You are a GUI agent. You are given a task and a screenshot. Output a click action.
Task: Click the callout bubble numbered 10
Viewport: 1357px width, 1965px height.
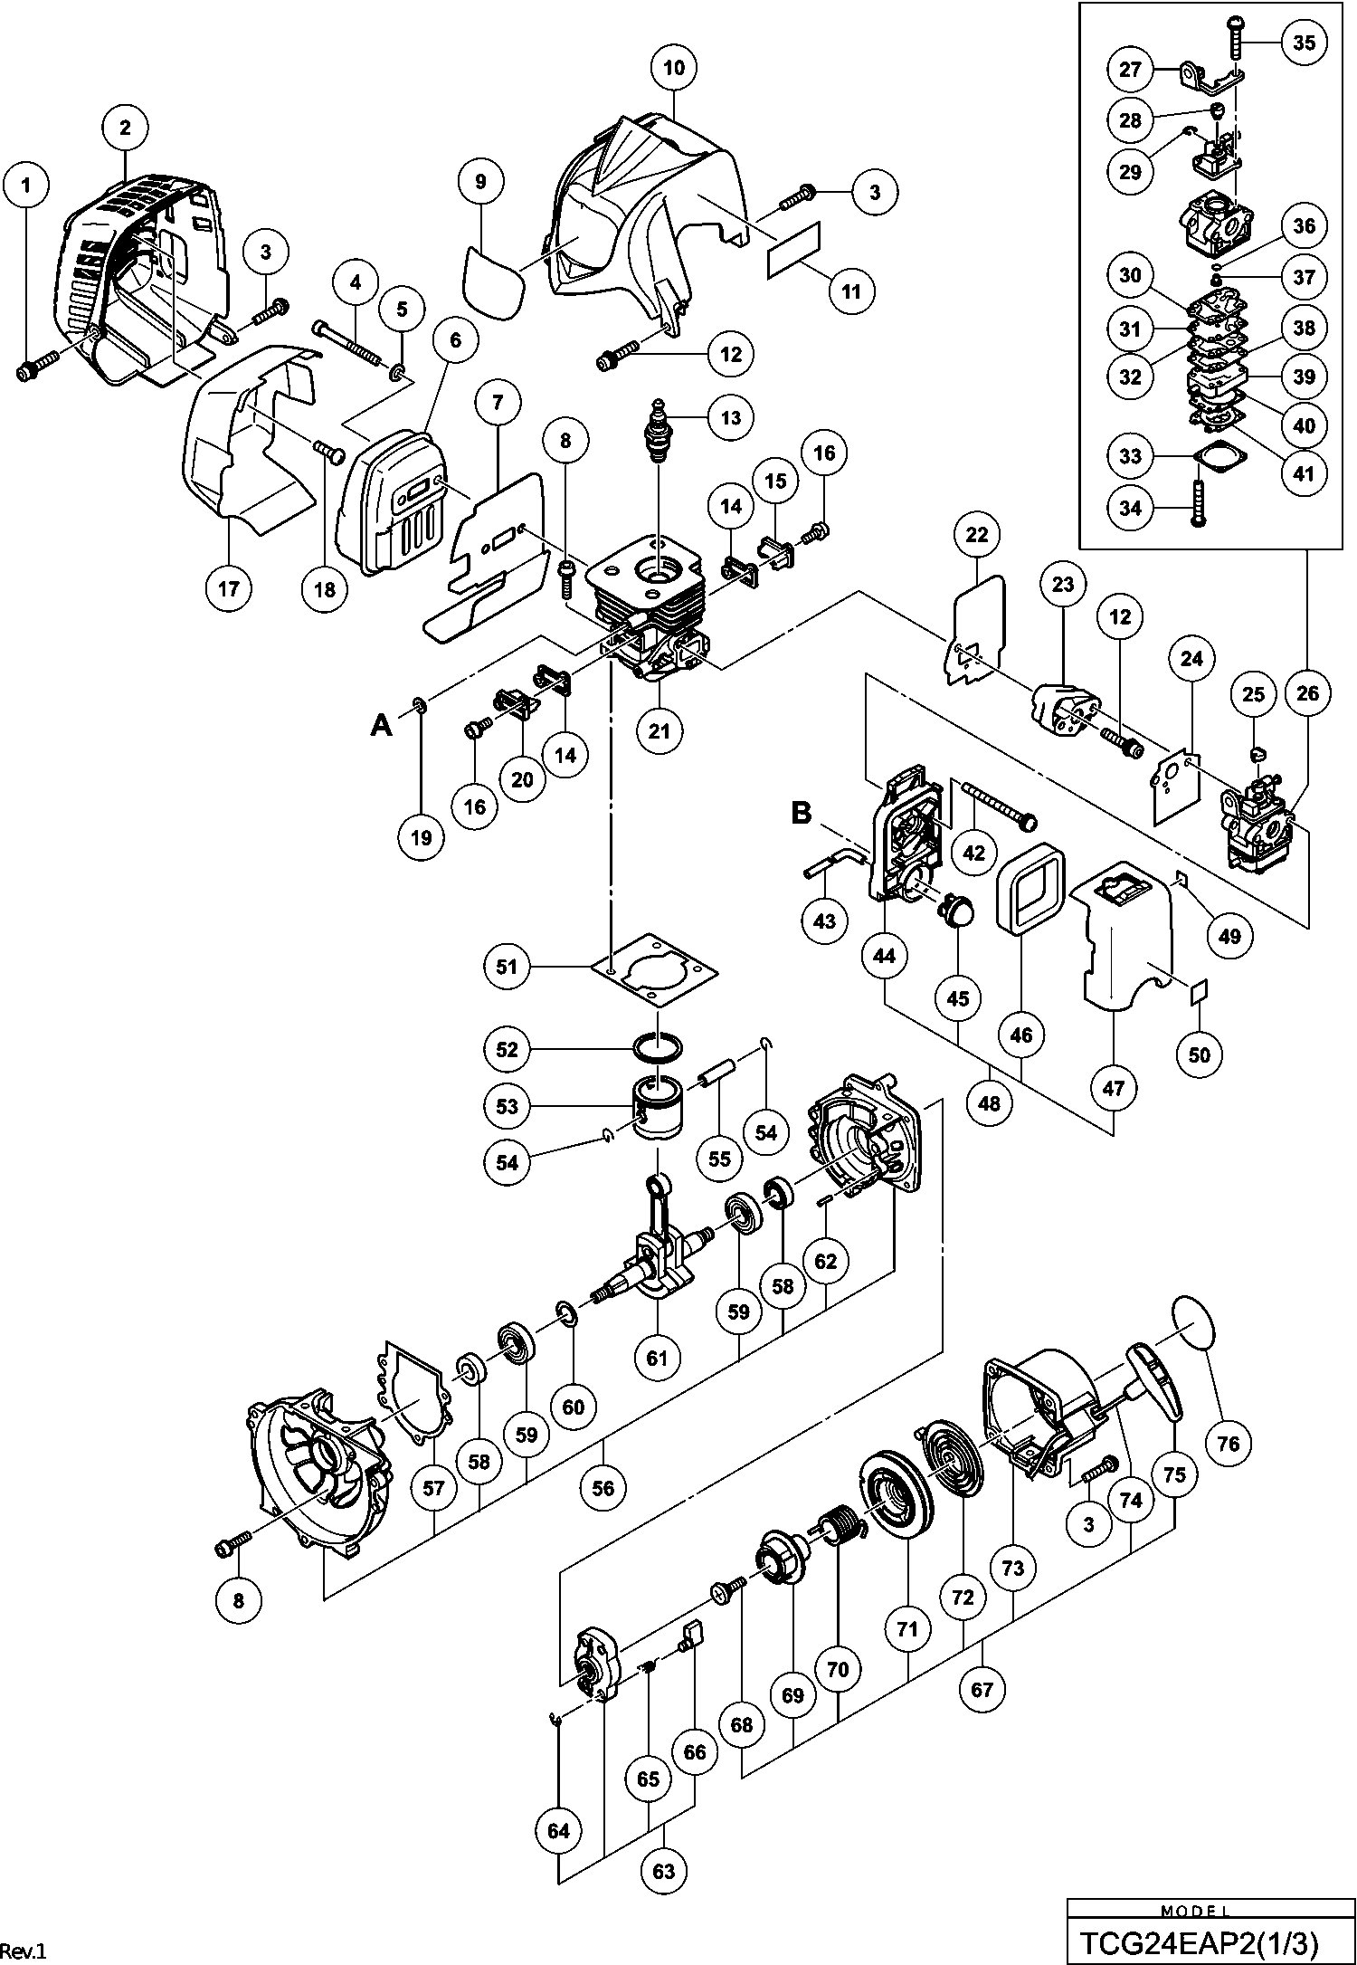(675, 68)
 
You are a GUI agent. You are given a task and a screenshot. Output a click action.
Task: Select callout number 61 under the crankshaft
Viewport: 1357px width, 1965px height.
(657, 1357)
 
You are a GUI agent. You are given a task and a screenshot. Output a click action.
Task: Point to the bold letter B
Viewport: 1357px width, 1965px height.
(802, 813)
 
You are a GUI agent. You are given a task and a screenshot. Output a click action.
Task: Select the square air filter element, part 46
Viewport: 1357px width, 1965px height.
(1028, 892)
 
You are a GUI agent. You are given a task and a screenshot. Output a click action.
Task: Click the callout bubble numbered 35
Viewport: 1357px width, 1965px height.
(1304, 43)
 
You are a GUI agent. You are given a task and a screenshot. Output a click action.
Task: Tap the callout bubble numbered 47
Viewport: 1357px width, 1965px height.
(1114, 1088)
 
